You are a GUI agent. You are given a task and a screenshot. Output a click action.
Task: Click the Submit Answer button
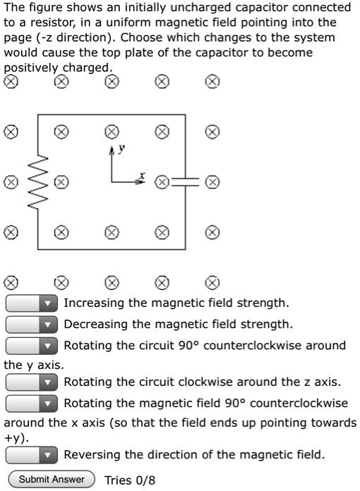pyautogui.click(x=52, y=480)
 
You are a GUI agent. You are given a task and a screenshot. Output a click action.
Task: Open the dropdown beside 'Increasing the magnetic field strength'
pyautogui.click(x=32, y=303)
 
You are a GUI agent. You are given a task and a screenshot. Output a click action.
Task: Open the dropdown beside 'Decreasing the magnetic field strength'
pyautogui.click(x=32, y=325)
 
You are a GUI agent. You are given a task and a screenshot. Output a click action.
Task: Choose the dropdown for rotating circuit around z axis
pyautogui.click(x=32, y=382)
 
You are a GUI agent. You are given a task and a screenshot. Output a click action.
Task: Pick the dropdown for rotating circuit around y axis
pyautogui.click(x=32, y=346)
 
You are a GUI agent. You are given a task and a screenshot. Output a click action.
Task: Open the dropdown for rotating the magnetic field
pyautogui.click(x=32, y=404)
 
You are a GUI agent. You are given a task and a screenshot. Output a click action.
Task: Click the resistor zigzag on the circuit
pyautogui.click(x=38, y=182)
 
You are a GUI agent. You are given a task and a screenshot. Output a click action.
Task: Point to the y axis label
pyautogui.click(x=121, y=149)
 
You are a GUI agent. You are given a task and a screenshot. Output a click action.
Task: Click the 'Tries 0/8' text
pyautogui.click(x=129, y=480)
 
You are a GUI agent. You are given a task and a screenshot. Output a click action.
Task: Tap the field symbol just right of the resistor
pyautogui.click(x=62, y=181)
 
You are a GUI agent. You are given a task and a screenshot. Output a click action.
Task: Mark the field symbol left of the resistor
pyautogui.click(x=11, y=181)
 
